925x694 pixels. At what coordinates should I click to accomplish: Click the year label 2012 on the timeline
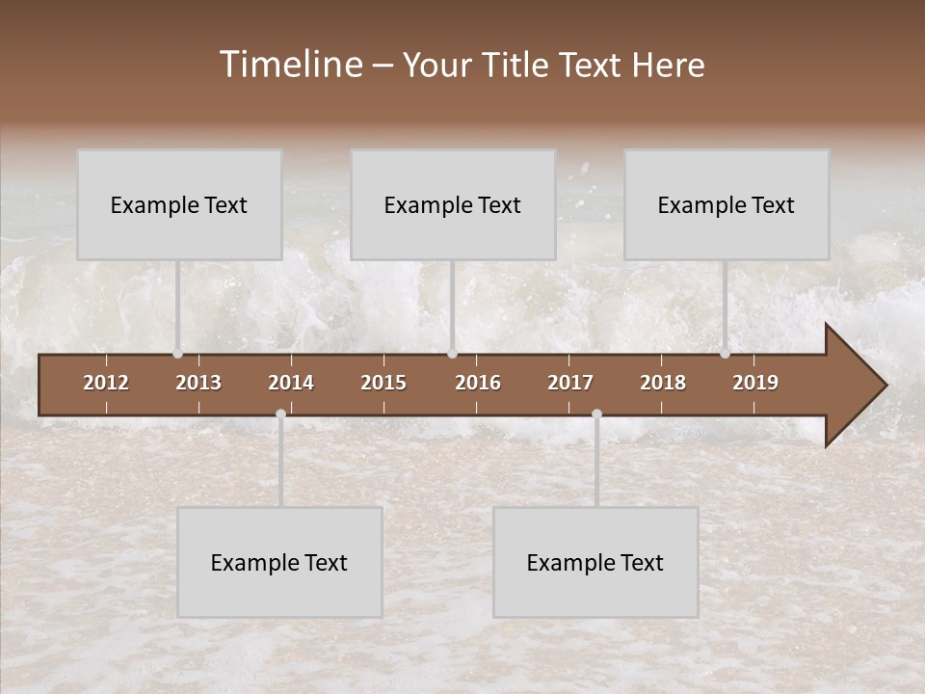click(x=106, y=383)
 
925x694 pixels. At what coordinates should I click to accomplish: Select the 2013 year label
click(x=198, y=383)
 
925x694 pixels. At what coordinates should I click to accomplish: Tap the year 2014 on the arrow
click(x=291, y=383)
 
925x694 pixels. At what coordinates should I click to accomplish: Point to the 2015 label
click(x=383, y=383)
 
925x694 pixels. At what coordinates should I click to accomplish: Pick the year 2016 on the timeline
click(x=478, y=383)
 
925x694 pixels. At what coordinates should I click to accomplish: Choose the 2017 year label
click(x=570, y=383)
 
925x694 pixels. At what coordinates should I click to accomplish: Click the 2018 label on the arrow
click(x=663, y=383)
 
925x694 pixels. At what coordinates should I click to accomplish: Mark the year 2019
click(x=755, y=383)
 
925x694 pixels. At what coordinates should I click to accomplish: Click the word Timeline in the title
click(x=290, y=65)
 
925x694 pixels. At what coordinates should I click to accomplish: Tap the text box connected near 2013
click(x=179, y=204)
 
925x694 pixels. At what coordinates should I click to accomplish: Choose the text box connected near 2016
click(x=453, y=204)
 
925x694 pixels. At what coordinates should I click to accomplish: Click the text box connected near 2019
click(x=727, y=204)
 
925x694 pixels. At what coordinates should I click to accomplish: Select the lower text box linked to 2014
click(x=279, y=562)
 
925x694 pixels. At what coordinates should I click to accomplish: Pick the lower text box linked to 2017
click(x=595, y=562)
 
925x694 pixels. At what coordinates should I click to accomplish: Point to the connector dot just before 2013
click(x=177, y=354)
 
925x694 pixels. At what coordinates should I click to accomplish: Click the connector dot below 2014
click(x=280, y=414)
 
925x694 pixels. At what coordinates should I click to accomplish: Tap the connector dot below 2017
click(x=596, y=414)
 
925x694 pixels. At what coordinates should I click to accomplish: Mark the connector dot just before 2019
click(x=725, y=354)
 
